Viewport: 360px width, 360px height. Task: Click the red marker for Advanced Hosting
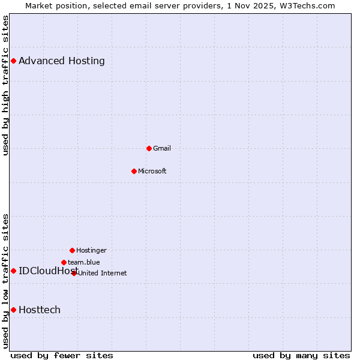coord(13,61)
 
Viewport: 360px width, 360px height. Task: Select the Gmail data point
coord(149,148)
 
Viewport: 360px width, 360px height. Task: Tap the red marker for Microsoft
coord(134,171)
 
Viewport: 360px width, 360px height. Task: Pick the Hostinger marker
coord(72,250)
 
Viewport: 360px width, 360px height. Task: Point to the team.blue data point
coord(64,262)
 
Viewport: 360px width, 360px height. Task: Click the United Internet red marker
coord(74,273)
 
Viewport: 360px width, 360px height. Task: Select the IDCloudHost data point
coord(13,271)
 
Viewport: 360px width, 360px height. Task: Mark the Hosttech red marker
coord(13,310)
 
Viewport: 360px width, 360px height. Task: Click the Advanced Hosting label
coord(62,61)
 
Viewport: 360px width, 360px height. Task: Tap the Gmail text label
coord(162,148)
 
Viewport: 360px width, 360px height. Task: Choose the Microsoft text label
coord(152,171)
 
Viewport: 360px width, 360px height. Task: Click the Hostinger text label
coord(91,250)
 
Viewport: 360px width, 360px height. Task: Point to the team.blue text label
coord(84,262)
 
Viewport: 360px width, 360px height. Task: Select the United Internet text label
coord(103,273)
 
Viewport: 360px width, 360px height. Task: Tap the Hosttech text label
coord(40,310)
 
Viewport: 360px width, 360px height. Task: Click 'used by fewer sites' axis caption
coord(62,355)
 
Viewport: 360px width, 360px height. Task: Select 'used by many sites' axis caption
coord(301,355)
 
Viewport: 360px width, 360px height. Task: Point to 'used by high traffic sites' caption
coord(6,85)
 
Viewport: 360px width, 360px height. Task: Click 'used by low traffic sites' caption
coord(6,280)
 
